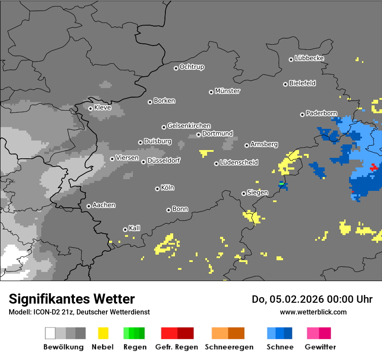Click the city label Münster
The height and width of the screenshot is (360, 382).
(x=227, y=91)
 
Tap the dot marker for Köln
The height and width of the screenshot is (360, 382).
(x=157, y=189)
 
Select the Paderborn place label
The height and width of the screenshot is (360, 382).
(x=321, y=113)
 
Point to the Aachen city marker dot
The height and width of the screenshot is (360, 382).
(x=89, y=206)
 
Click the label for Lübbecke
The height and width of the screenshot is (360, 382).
(x=309, y=58)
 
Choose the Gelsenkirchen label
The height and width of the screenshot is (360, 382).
(x=189, y=126)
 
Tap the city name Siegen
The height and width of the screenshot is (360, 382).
(x=257, y=193)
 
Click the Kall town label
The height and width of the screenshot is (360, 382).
(x=135, y=228)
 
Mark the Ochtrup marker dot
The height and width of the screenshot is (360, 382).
(x=176, y=68)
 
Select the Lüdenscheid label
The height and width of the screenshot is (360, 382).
(x=239, y=163)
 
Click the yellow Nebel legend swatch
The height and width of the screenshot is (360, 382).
(x=103, y=333)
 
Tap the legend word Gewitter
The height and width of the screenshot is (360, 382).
(x=320, y=347)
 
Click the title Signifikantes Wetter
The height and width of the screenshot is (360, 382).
(x=72, y=299)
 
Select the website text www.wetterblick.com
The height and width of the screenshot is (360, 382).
(x=313, y=312)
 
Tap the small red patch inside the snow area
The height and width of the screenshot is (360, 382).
(x=374, y=167)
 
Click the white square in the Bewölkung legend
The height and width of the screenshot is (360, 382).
(x=50, y=333)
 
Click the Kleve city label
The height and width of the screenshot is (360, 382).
(x=102, y=108)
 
